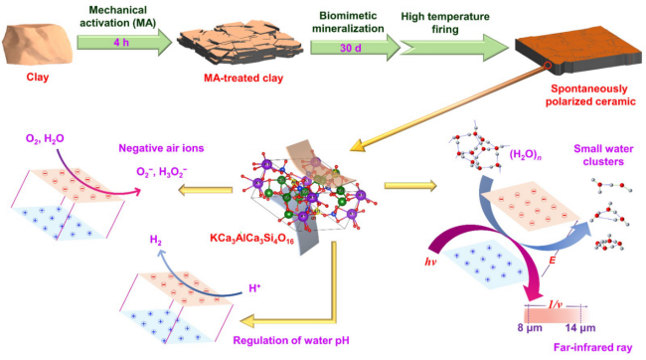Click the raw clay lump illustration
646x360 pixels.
coord(38,45)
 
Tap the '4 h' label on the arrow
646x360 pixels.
coord(121,43)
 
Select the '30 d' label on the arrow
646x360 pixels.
coord(351,48)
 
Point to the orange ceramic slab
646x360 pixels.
coord(578,54)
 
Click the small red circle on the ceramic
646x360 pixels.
coord(548,66)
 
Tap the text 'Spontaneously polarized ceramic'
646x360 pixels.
coord(590,94)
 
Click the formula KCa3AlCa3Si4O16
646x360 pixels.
coord(251,239)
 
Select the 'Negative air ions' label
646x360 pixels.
coord(161,148)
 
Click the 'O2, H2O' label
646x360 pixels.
coord(45,139)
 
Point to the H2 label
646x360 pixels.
coord(156,241)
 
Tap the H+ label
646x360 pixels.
coord(254,287)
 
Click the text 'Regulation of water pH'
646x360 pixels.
coord(291,341)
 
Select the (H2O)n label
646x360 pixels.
coord(525,155)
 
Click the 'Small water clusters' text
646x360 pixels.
coord(603,155)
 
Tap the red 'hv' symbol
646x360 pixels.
coord(430,262)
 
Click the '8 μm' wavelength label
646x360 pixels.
coord(530,328)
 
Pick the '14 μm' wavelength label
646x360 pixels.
coord(580,328)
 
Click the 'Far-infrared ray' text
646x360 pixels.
coord(593,348)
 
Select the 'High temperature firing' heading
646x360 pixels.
coord(445,23)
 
